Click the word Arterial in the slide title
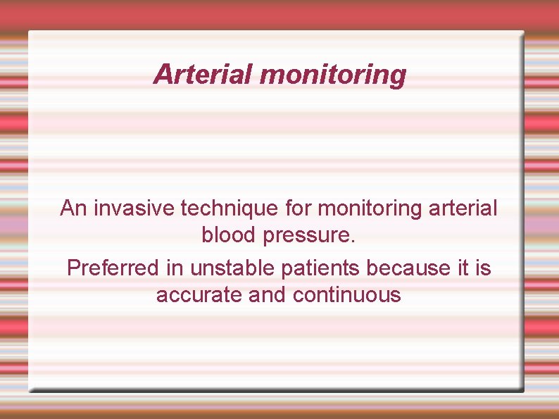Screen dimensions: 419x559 click(203, 74)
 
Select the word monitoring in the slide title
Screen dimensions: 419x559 click(333, 75)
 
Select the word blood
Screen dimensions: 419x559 click(229, 235)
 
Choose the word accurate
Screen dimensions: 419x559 click(200, 295)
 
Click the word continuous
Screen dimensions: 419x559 click(347, 295)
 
